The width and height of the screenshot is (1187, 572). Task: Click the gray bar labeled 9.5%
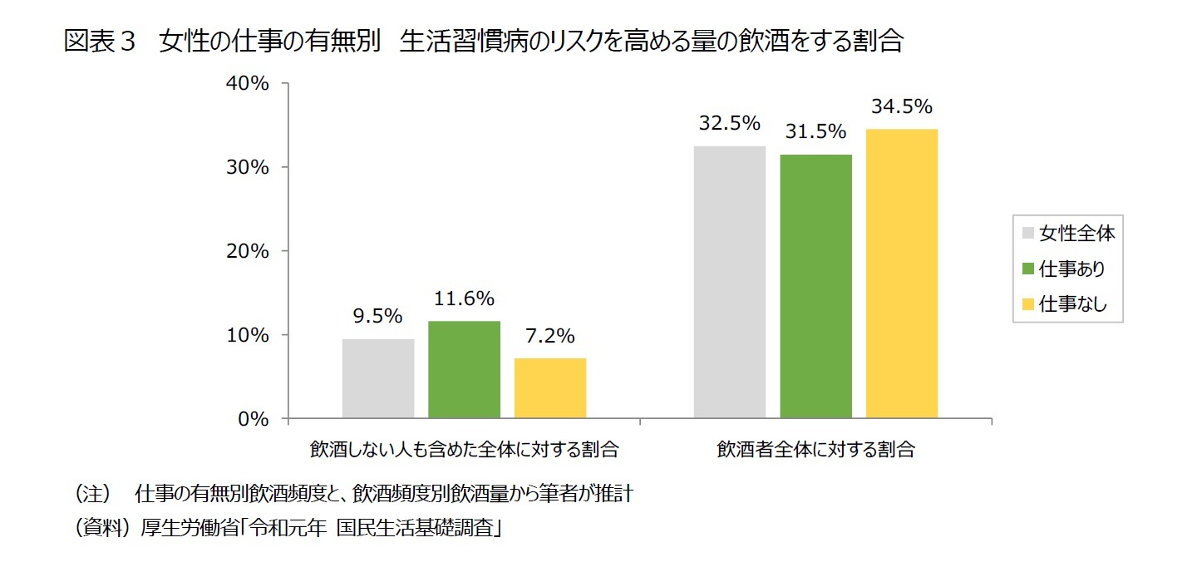[378, 378]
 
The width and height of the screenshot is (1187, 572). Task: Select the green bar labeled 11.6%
[465, 369]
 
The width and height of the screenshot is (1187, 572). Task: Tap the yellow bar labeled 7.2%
[550, 388]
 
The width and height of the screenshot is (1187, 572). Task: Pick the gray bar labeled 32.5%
[730, 282]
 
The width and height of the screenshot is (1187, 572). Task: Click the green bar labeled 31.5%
[816, 286]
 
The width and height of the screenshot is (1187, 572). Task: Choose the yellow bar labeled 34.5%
[902, 274]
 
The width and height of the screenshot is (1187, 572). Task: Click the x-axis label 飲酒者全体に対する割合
[816, 450]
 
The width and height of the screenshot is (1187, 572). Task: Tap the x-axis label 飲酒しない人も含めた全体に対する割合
[465, 450]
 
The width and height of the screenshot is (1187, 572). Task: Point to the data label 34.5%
[902, 107]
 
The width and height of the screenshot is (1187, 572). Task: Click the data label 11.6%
[465, 298]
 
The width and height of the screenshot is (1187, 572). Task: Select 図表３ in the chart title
[99, 42]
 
